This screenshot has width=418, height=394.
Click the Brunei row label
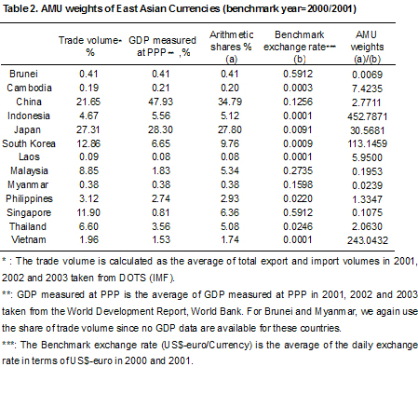[x=23, y=74]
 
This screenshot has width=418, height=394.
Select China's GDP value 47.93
[x=160, y=102]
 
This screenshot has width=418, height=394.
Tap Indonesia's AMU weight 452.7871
[x=368, y=116]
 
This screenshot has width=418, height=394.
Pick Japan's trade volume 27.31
[x=88, y=129]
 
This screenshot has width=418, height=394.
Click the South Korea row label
[x=29, y=143]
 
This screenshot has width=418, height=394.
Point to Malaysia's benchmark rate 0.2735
[x=298, y=170]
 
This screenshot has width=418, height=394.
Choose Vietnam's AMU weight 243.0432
[x=368, y=240]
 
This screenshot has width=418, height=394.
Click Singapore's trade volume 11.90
[x=88, y=212]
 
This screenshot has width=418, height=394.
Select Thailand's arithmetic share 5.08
[x=230, y=226]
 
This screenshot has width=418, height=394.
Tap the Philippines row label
[x=29, y=198]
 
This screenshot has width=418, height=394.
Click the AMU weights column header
[x=367, y=47]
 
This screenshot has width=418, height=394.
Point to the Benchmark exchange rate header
[x=300, y=41]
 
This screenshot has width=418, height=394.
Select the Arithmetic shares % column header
[x=231, y=47]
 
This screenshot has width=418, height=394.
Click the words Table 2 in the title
[x=20, y=8]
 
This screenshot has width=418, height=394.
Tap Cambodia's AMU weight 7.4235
[x=367, y=88]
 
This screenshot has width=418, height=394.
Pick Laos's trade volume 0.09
[x=88, y=156]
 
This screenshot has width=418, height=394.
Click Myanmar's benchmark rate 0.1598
[x=298, y=184]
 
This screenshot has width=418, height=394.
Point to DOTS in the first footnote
[x=132, y=278]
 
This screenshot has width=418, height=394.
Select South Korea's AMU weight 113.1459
[x=368, y=143]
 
